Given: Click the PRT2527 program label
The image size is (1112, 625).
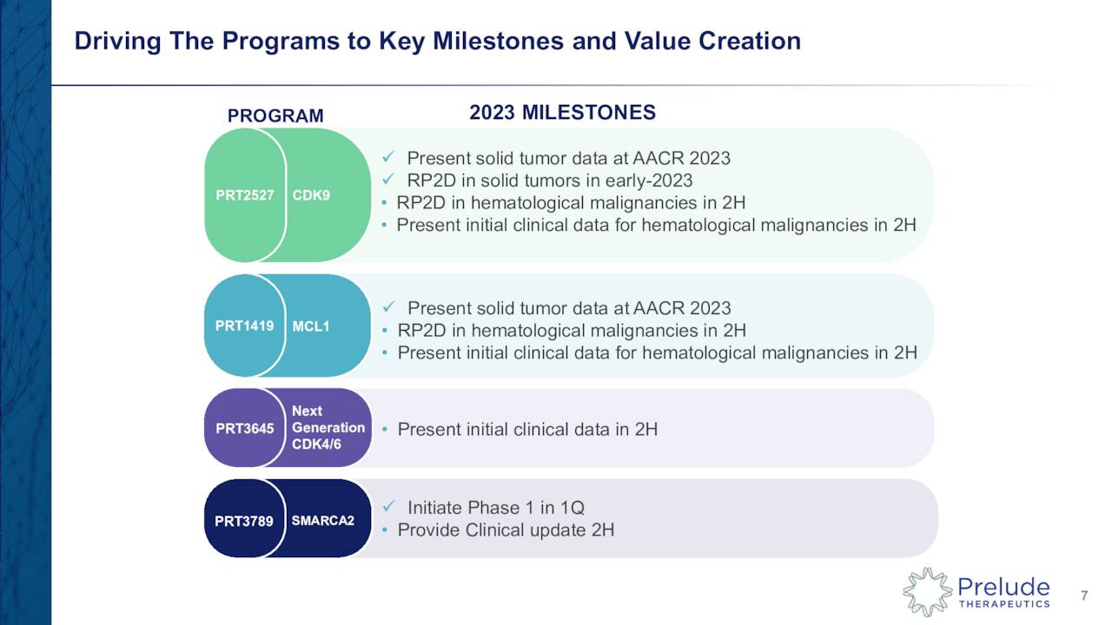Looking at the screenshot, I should click(x=245, y=195).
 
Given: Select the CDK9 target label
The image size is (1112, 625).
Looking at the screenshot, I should click(x=311, y=195).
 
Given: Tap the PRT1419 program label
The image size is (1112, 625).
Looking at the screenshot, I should click(x=244, y=326).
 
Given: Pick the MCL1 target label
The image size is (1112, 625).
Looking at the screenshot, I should click(x=311, y=327).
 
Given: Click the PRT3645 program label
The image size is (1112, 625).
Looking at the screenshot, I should click(x=244, y=428).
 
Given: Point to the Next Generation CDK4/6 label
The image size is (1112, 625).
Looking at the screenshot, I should click(x=328, y=427).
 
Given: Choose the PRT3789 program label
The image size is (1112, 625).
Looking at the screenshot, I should click(x=244, y=522).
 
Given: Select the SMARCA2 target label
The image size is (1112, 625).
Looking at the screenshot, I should click(x=322, y=521).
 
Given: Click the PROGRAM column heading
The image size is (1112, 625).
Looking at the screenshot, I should click(x=275, y=116).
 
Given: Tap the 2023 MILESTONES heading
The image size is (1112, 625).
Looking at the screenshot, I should click(x=562, y=113).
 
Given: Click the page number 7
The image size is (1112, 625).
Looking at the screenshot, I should click(x=1084, y=595).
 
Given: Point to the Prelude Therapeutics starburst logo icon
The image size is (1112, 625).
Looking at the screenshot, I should click(x=927, y=592).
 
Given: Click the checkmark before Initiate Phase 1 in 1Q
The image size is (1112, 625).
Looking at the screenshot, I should click(x=389, y=507).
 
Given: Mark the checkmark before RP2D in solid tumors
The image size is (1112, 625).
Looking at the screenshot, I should click(x=389, y=180).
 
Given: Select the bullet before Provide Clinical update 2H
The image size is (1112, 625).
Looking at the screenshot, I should click(x=385, y=530).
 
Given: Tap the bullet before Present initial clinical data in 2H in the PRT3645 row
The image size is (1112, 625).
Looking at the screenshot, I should click(x=385, y=430).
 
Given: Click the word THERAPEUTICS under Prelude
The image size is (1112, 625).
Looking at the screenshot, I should click(x=1003, y=603).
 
